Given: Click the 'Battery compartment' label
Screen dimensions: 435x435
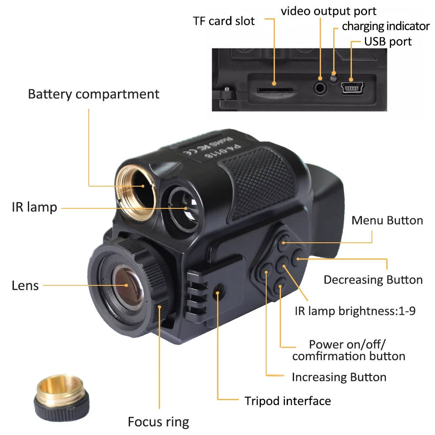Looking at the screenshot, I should (x=94, y=94).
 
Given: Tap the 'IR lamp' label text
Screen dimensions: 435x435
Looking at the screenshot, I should (x=34, y=207).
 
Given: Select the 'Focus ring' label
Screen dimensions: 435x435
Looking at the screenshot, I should (x=158, y=422).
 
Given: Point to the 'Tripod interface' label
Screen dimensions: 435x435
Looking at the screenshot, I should (x=288, y=401).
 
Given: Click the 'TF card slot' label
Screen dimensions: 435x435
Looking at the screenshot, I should (x=224, y=21).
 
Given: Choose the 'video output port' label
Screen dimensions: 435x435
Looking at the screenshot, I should (x=328, y=11).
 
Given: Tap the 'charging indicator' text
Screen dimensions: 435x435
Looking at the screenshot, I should (x=385, y=26).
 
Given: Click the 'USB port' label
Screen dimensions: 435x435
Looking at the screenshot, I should (x=388, y=42).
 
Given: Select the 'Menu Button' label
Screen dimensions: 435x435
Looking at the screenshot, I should (x=387, y=220).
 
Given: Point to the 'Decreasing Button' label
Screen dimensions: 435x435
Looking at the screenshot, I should (x=373, y=280).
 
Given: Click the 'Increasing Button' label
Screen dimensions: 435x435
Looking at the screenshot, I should (x=339, y=377).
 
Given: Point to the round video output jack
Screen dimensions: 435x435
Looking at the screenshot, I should (x=320, y=87).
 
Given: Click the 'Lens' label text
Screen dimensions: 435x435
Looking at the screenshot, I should (x=25, y=286).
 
